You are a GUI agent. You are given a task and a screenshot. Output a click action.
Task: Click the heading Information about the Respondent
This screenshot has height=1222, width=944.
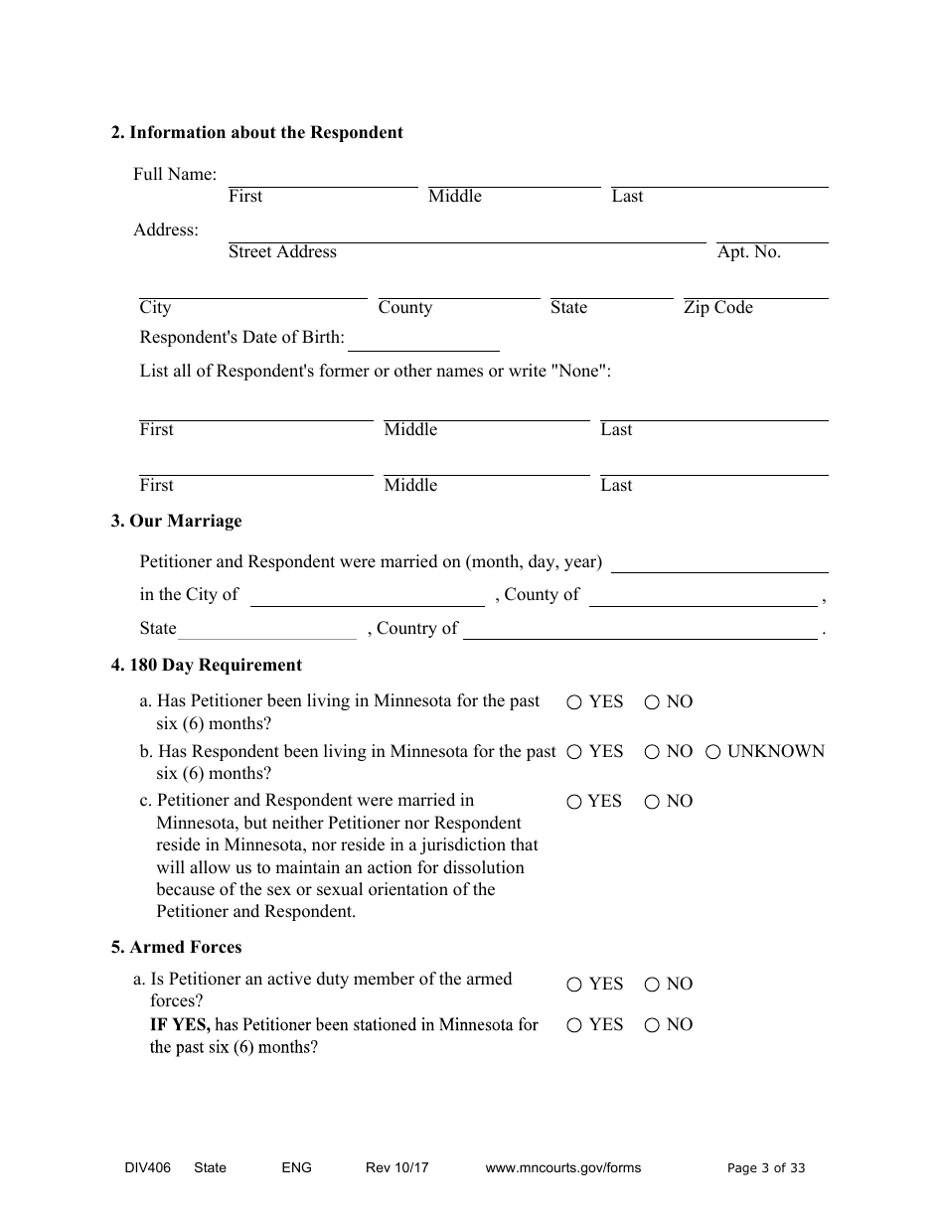click(256, 132)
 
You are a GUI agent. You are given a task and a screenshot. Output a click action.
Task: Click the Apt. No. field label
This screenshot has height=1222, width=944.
click(748, 252)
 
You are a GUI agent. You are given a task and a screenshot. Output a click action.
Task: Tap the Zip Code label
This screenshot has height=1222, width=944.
click(717, 308)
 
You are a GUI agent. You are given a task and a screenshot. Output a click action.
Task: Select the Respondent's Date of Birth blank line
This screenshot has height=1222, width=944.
click(423, 340)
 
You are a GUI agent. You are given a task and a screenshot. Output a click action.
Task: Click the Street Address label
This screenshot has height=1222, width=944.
click(282, 252)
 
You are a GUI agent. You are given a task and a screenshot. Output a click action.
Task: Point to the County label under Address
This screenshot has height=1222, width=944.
click(405, 308)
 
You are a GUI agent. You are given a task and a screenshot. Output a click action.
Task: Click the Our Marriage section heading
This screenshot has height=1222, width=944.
click(176, 521)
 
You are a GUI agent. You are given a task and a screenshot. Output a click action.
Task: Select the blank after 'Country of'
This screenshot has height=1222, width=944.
click(640, 630)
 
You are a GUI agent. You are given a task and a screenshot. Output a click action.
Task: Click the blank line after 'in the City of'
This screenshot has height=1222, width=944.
click(367, 596)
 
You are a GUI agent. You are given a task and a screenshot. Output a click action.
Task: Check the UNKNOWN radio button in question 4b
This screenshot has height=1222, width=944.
click(712, 752)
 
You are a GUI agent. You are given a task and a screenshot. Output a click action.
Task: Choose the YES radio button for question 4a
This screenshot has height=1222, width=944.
click(574, 702)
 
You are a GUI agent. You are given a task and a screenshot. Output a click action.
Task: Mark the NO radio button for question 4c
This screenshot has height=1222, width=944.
click(652, 802)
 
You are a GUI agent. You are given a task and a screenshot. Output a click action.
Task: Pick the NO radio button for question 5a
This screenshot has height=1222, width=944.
click(652, 985)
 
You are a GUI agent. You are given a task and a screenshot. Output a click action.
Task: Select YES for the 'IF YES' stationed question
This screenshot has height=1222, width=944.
click(574, 1025)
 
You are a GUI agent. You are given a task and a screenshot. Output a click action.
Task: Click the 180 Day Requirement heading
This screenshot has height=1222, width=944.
click(206, 665)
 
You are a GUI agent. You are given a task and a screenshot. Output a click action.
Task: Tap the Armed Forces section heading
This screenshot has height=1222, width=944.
click(176, 947)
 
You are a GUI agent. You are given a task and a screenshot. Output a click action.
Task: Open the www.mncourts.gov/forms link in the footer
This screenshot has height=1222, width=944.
click(562, 1168)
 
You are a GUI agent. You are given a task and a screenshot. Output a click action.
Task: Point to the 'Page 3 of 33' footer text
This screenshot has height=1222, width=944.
click(766, 1168)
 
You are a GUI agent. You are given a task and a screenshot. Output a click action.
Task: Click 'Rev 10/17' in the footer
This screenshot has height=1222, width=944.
click(396, 1168)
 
